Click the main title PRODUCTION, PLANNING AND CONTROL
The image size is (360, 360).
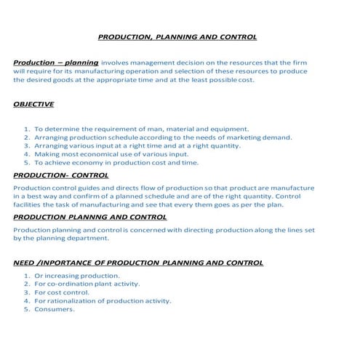[177, 36]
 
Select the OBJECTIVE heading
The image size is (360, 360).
[33, 104]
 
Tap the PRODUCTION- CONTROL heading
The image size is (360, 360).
[61, 175]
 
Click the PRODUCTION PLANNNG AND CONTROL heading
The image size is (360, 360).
[90, 217]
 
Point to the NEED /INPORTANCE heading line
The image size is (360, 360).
[138, 263]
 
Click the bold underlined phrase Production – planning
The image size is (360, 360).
[55, 63]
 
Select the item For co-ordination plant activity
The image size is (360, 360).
[87, 284]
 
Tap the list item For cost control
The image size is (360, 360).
[66, 292]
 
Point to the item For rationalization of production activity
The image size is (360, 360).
[103, 300]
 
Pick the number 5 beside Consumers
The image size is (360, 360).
[26, 309]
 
